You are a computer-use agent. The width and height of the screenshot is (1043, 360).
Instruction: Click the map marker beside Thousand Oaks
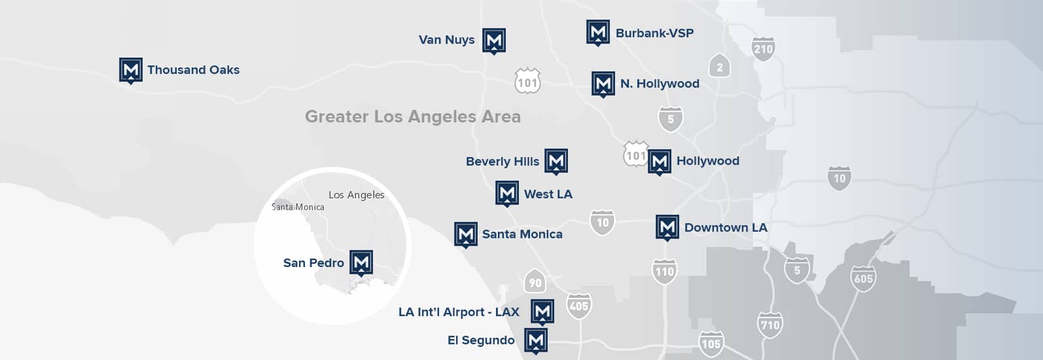(x=131, y=70)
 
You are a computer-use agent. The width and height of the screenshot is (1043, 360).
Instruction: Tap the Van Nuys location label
(x=446, y=40)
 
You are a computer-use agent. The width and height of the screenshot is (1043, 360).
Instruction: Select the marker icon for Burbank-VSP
(x=597, y=33)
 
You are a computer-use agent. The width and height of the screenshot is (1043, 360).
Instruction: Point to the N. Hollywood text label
(x=660, y=84)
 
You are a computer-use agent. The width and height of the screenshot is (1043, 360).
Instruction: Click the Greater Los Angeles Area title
(x=413, y=117)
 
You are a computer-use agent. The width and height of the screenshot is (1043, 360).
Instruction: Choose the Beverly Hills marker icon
(x=556, y=161)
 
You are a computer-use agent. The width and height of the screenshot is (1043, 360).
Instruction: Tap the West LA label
(x=548, y=194)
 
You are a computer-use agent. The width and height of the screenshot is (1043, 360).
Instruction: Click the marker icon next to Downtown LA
(x=667, y=228)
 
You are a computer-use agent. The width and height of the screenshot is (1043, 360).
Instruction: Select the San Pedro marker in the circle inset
(x=361, y=262)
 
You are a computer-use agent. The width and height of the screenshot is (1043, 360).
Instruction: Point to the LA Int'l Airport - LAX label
(x=459, y=312)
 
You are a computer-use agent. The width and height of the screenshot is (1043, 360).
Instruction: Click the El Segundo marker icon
(x=536, y=340)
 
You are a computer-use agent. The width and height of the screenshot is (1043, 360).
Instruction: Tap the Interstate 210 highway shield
(x=763, y=49)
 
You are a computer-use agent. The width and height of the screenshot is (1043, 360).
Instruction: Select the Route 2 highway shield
(x=720, y=67)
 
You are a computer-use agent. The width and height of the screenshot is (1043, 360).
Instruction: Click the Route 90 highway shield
(x=535, y=282)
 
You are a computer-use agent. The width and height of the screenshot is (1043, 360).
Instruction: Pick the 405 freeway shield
(x=578, y=306)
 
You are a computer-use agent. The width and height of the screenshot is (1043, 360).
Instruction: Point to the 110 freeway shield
(x=664, y=271)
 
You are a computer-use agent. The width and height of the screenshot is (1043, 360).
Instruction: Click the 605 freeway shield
(x=863, y=279)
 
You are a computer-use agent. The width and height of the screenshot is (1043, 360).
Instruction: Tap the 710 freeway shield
(x=769, y=325)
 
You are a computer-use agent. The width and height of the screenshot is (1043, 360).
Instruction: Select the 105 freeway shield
(x=711, y=344)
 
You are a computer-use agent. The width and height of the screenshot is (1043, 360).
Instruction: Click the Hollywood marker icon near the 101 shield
(x=660, y=162)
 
